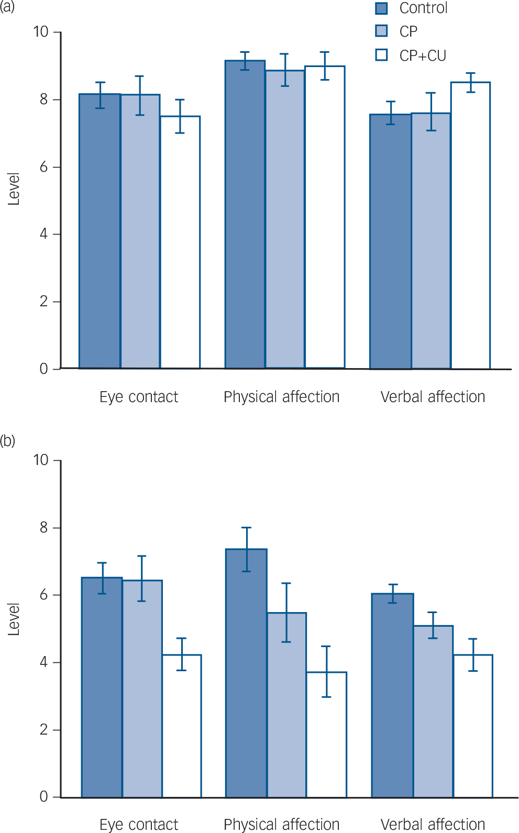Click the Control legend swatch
[381, 8]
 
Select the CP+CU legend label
[422, 55]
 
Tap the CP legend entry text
[408, 31]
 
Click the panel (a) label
[7, 7]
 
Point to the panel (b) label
[7, 441]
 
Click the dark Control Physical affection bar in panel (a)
[245, 215]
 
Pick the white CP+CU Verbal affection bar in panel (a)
[470, 225]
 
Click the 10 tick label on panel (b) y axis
[41, 460]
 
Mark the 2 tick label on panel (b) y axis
[44, 729]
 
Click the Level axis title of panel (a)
[14, 188]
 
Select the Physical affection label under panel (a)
[281, 397]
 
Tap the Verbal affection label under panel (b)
[433, 824]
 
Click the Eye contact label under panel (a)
[139, 397]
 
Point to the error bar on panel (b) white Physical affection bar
[326, 671]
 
